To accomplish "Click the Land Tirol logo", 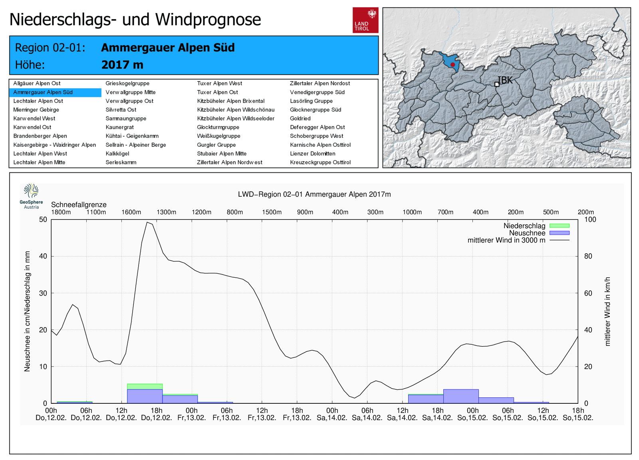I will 365,20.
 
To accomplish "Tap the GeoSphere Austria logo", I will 31,196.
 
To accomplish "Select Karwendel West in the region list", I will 34,118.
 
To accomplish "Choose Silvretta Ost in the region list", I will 121,110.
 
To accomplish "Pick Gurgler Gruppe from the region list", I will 216,145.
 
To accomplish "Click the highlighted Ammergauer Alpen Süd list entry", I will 43,92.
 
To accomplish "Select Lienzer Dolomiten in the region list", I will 313,154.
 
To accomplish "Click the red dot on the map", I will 452,65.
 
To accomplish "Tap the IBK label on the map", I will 505,80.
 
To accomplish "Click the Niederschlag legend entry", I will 524,226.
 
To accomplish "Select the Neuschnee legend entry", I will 527,233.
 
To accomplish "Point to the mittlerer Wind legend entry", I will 506,240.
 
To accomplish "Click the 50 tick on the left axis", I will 43,219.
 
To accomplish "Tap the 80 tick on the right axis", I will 588,256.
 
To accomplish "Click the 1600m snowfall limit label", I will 131,212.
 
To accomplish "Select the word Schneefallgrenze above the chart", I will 79,205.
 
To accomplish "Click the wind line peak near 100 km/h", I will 147,222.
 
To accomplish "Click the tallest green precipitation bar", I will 145,386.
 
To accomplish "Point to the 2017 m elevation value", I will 122,65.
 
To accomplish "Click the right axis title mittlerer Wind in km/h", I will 607,311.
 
